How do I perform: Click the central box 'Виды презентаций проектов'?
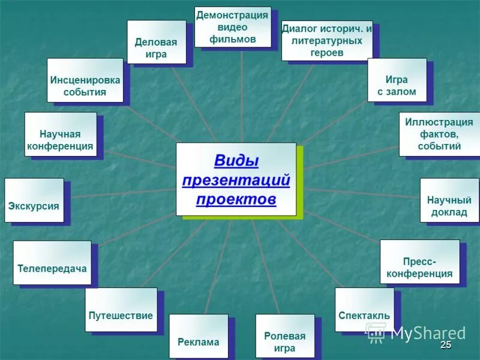pos(236,179)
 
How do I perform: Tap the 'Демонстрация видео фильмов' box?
pos(233,27)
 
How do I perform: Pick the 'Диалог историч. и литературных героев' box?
pos(326,40)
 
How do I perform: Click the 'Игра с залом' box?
pos(397,80)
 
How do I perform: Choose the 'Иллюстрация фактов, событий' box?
pos(439,134)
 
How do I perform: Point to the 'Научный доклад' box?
pos(449,200)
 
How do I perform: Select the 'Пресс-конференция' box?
pos(419,262)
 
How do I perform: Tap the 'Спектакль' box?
pos(364,310)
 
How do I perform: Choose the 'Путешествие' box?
pos(121,310)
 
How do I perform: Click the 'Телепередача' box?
pos(52,263)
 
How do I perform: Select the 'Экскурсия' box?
pos(34,200)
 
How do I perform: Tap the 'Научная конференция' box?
pos(60,134)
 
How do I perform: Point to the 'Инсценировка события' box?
pos(85,80)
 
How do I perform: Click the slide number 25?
pos(445,344)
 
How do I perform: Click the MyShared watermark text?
pos(428,334)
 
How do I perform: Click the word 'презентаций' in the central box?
pos(236,180)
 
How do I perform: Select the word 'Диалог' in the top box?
pos(300,29)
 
